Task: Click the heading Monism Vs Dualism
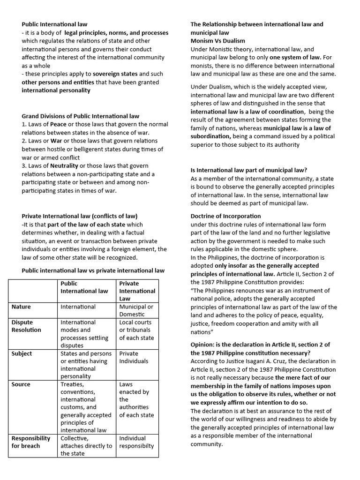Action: click(x=217, y=41)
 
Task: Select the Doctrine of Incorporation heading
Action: click(x=225, y=216)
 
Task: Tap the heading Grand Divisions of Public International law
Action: click(x=80, y=116)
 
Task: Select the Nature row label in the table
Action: click(x=21, y=307)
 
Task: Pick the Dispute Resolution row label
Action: click(x=26, y=326)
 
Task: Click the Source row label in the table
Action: click(x=21, y=384)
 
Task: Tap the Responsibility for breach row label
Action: click(x=31, y=442)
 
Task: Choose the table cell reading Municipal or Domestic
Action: click(x=136, y=310)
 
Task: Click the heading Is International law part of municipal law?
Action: click(x=249, y=170)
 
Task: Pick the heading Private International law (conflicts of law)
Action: click(x=80, y=216)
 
